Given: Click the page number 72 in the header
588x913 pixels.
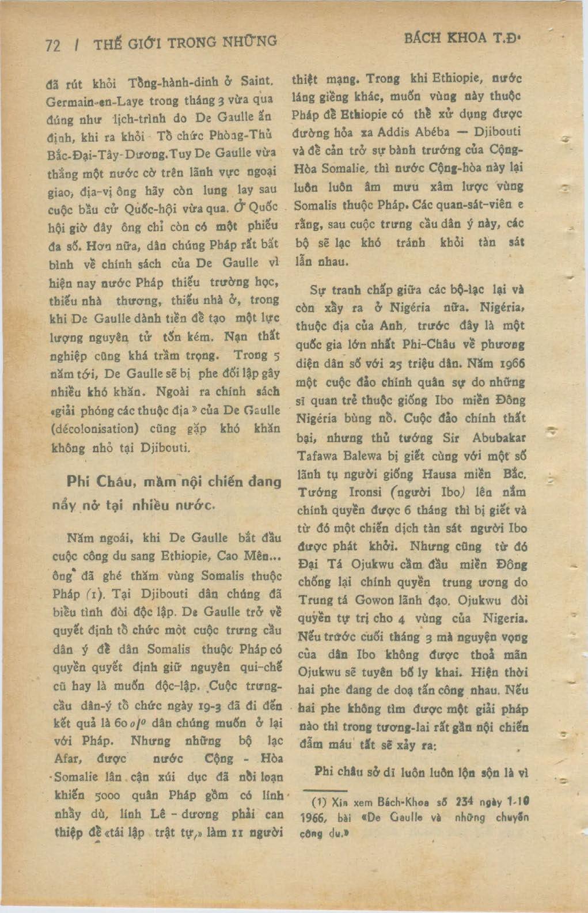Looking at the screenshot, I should tap(52, 45).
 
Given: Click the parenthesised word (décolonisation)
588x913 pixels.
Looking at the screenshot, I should tap(103, 429).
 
